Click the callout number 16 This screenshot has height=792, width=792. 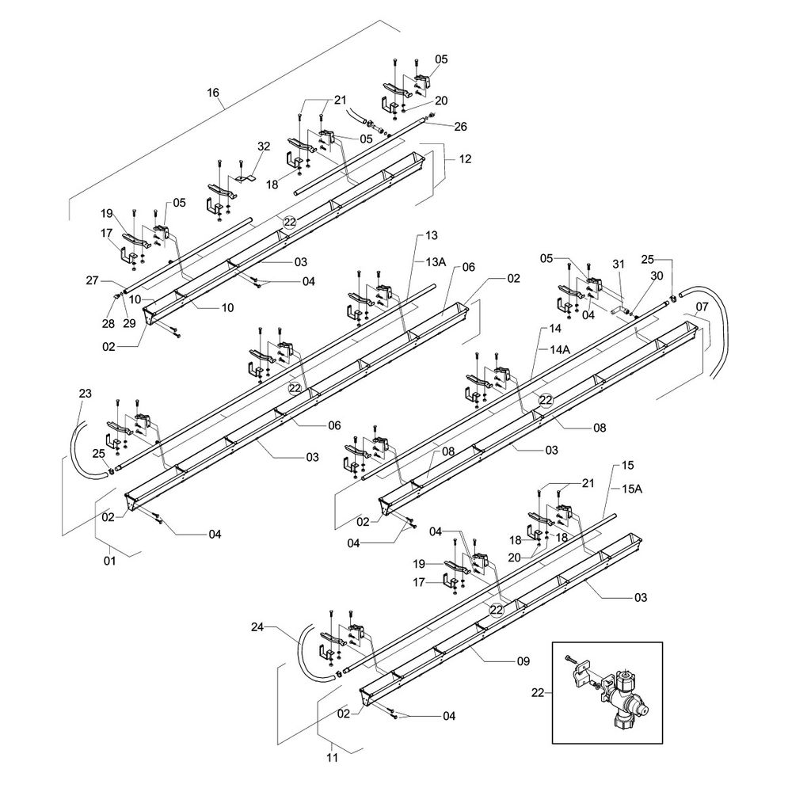213,93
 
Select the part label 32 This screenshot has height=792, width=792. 264,146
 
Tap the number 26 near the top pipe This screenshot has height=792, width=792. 461,126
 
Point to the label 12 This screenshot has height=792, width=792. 465,159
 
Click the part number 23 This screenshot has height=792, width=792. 86,393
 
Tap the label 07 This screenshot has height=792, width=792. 702,306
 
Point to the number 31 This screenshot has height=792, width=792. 618,265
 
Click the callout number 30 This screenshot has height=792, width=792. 656,275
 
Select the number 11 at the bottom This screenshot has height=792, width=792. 332,757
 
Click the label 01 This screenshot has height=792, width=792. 109,561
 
